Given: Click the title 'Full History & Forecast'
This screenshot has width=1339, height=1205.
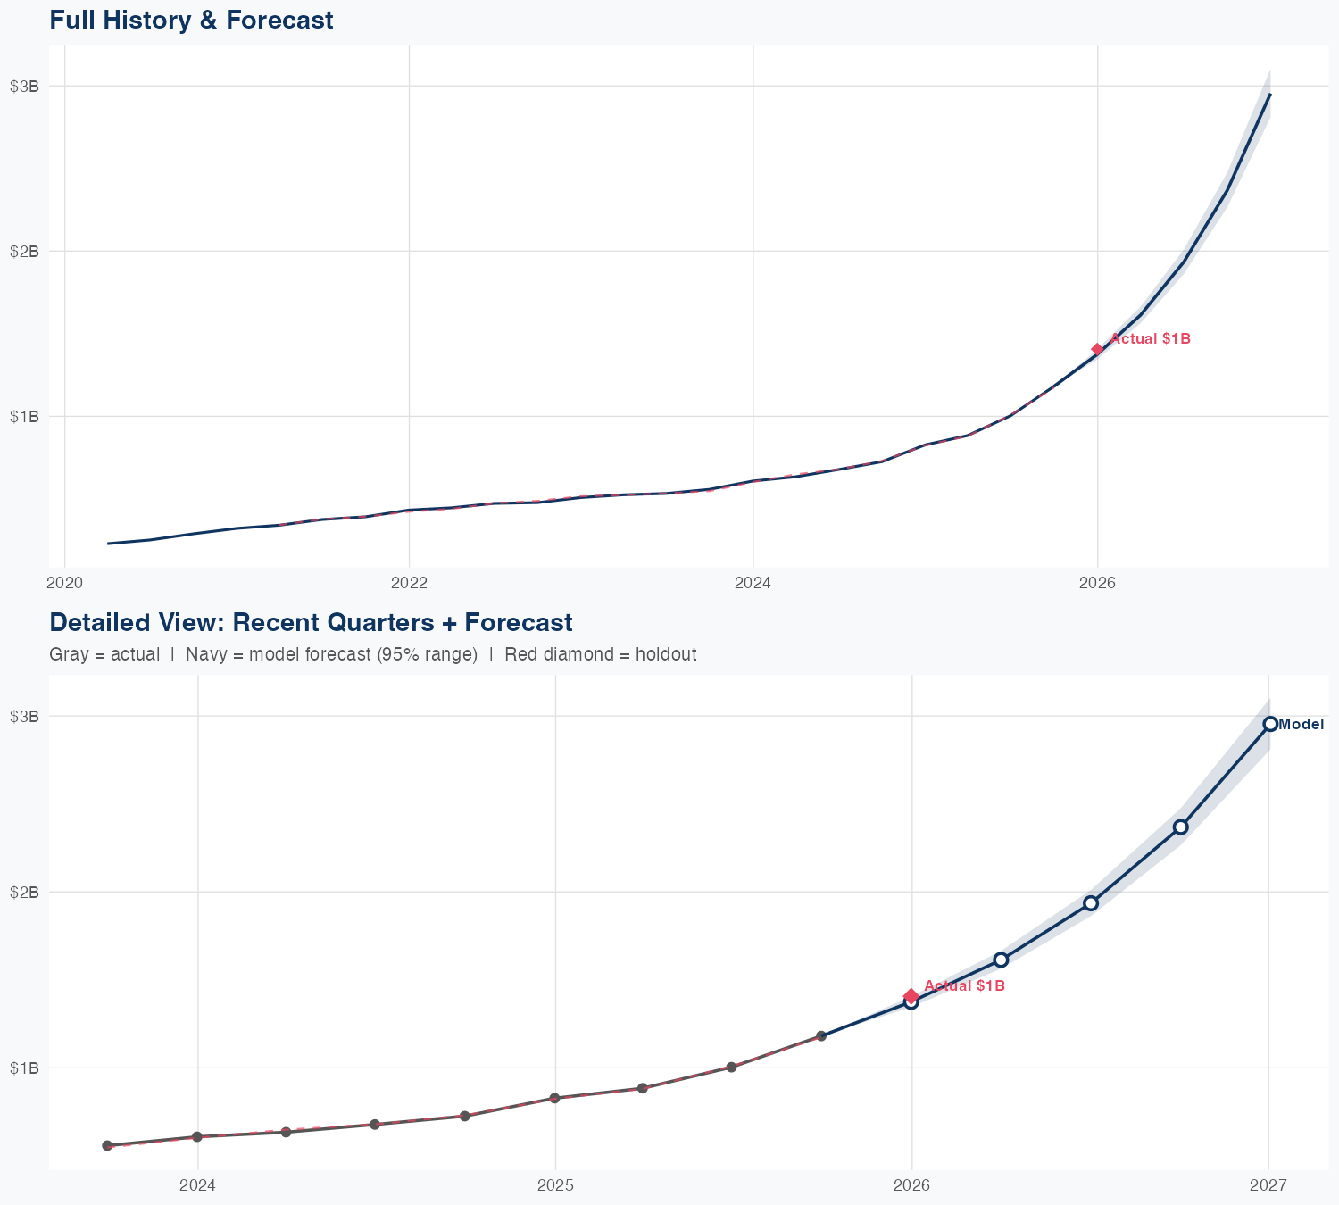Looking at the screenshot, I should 191,21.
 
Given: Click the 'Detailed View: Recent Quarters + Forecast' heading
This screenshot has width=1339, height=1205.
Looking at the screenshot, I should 311,622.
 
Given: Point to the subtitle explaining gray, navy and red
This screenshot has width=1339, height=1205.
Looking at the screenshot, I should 372,654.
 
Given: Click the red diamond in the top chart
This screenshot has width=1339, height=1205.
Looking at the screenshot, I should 1097,349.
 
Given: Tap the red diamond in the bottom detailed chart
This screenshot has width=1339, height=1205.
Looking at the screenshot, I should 911,995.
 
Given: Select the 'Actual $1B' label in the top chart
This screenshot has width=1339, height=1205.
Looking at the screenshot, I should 1150,339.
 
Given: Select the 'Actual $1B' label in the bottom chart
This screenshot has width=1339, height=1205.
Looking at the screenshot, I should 964,985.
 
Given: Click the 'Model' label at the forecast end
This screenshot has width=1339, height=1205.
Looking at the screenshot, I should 1301,725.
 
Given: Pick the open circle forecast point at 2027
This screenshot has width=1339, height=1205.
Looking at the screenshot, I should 1270,724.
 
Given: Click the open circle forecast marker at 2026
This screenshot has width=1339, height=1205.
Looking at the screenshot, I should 911,1002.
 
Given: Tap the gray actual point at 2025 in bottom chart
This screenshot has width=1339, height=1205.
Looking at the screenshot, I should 554,1098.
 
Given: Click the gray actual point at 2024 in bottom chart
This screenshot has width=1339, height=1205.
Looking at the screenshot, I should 197,1136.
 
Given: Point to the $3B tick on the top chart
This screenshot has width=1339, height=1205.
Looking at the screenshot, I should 24,86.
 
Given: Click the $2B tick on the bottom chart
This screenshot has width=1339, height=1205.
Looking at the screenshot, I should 24,892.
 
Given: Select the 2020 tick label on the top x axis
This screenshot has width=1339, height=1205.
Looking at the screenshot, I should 64,583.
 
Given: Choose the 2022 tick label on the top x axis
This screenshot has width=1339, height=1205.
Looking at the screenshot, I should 409,583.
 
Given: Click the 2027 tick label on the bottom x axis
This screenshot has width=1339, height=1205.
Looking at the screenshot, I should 1268,1185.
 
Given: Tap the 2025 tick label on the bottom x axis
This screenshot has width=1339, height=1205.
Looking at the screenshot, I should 554,1185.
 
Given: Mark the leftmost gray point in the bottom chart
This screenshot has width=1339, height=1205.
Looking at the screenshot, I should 107,1145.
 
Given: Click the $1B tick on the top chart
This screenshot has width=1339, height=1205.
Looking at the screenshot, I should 24,416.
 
